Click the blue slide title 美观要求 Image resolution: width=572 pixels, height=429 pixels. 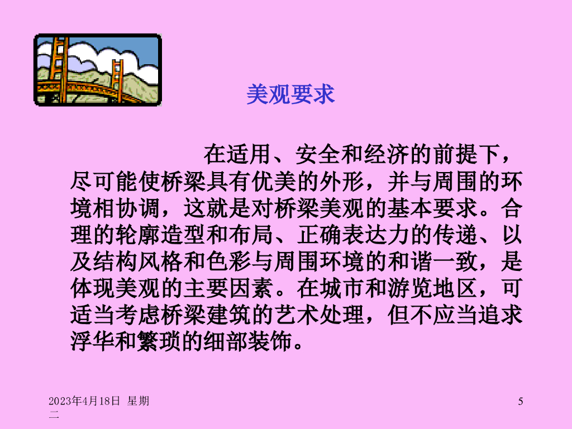tap(290, 94)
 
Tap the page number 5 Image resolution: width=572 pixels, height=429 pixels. tap(521, 401)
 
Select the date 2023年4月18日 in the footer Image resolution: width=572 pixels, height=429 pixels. tap(84, 401)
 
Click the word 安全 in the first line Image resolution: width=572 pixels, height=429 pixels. tap(317, 154)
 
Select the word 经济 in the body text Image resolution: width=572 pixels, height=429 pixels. tap(385, 154)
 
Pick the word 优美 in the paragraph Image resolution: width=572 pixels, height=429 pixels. tap(274, 182)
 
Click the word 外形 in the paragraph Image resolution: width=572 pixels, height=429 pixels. tap(342, 182)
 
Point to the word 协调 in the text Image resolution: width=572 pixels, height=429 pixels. tap(138, 208)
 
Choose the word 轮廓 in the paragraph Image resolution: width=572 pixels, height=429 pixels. tap(138, 235)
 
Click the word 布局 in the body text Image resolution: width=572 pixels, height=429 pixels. tap(251, 235)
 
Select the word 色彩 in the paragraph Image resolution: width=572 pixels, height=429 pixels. tap(228, 261)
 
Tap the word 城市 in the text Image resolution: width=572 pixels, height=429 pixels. tap(342, 288)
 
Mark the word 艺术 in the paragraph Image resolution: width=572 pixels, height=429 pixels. tap(297, 315)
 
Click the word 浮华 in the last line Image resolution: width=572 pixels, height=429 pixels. tap(93, 341)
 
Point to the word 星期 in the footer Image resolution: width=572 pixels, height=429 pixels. tap(139, 401)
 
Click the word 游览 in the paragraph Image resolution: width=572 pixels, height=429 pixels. tap(410, 288)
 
